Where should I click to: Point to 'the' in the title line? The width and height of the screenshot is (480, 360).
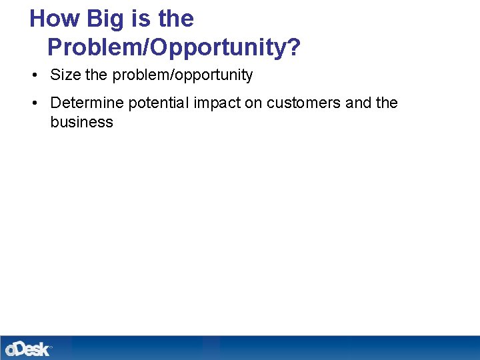pos(176,19)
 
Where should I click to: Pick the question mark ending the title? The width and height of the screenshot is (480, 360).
pos(294,47)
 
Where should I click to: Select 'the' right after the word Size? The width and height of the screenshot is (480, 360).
pos(96,75)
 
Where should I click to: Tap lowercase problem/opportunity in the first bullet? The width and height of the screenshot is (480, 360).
pos(182,75)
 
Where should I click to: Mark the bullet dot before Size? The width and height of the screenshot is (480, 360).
pos(34,75)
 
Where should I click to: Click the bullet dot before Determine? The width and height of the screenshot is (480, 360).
pos(34,103)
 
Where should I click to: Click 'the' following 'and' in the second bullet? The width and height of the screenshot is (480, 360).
pos(387,103)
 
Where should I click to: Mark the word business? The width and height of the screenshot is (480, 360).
pos(81,122)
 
